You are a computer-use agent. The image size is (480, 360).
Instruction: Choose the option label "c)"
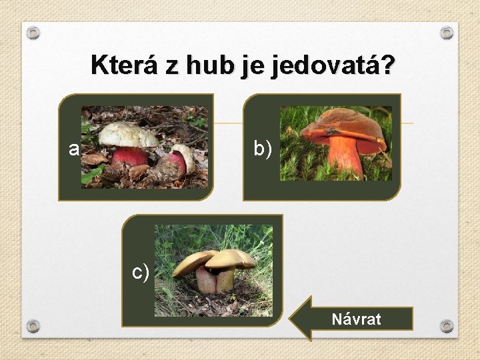pyautogui.click(x=140, y=272)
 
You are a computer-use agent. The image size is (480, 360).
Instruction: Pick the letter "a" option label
pyautogui.click(x=73, y=149)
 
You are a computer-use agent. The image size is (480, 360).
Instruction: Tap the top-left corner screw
pyautogui.click(x=34, y=32)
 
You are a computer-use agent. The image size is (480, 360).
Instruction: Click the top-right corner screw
pyautogui.click(x=447, y=32)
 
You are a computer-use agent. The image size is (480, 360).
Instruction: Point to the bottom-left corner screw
pyautogui.click(x=34, y=326)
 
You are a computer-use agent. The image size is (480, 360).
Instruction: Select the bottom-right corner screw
pyautogui.click(x=447, y=326)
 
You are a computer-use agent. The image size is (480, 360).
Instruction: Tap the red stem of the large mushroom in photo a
pyautogui.click(x=130, y=157)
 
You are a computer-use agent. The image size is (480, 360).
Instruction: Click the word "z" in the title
pyautogui.click(x=172, y=65)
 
